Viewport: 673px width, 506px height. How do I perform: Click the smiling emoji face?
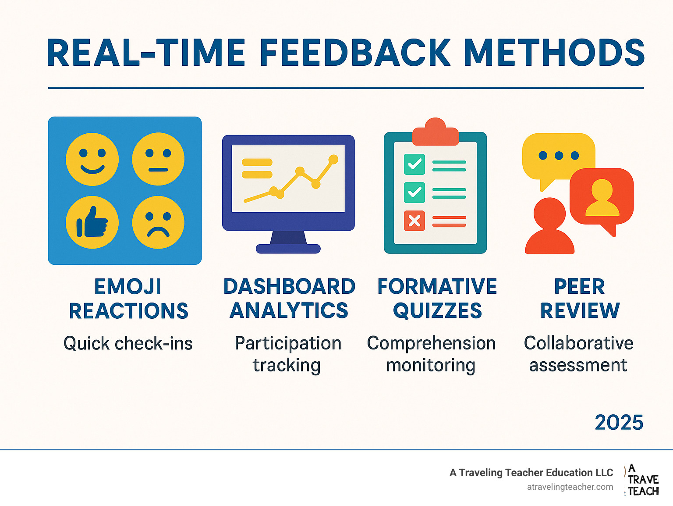[x=92, y=159]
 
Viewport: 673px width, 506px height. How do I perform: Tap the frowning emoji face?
[x=158, y=222]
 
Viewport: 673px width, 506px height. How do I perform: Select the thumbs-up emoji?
[x=92, y=222]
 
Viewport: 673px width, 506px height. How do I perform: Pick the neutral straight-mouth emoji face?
[x=158, y=159]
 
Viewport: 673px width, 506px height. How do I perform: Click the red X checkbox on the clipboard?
[x=414, y=221]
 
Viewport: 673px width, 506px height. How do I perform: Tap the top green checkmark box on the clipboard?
[x=414, y=164]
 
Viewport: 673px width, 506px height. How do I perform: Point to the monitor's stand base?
[x=288, y=249]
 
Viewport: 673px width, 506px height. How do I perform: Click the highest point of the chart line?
[x=333, y=159]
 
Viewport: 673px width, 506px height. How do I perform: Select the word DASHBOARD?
[x=289, y=287]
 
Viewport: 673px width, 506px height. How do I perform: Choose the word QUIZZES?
[x=437, y=311]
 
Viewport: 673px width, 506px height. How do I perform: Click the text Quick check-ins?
[x=128, y=344]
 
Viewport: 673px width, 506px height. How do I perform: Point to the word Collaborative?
[x=578, y=343]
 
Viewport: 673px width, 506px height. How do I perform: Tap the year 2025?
[x=619, y=423]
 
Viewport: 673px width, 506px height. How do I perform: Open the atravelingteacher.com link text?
[x=570, y=487]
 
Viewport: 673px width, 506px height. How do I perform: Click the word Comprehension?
[x=431, y=343]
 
